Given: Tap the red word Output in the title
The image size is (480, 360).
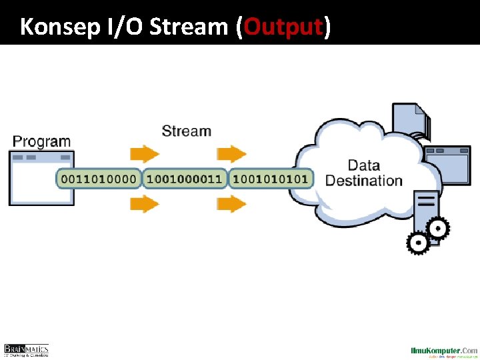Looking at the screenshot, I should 284,27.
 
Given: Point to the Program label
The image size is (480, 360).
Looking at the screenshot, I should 41,141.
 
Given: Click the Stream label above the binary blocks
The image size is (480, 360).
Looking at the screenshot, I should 186,131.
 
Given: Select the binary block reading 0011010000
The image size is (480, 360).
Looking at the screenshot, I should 99,179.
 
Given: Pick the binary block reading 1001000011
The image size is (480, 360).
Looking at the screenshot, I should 184,179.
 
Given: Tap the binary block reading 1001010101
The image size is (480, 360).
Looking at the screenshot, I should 271,179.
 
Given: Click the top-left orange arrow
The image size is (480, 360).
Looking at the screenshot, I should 145,154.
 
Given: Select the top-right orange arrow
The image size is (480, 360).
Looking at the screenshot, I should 231,154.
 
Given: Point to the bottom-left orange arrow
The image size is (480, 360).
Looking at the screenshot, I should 145,203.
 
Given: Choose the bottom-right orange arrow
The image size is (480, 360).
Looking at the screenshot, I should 231,203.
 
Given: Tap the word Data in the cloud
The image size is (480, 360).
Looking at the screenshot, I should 364,165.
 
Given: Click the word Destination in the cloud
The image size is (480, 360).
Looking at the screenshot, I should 364,181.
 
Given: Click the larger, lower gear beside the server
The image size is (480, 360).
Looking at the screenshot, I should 418,243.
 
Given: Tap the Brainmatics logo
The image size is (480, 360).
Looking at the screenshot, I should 26,350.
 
